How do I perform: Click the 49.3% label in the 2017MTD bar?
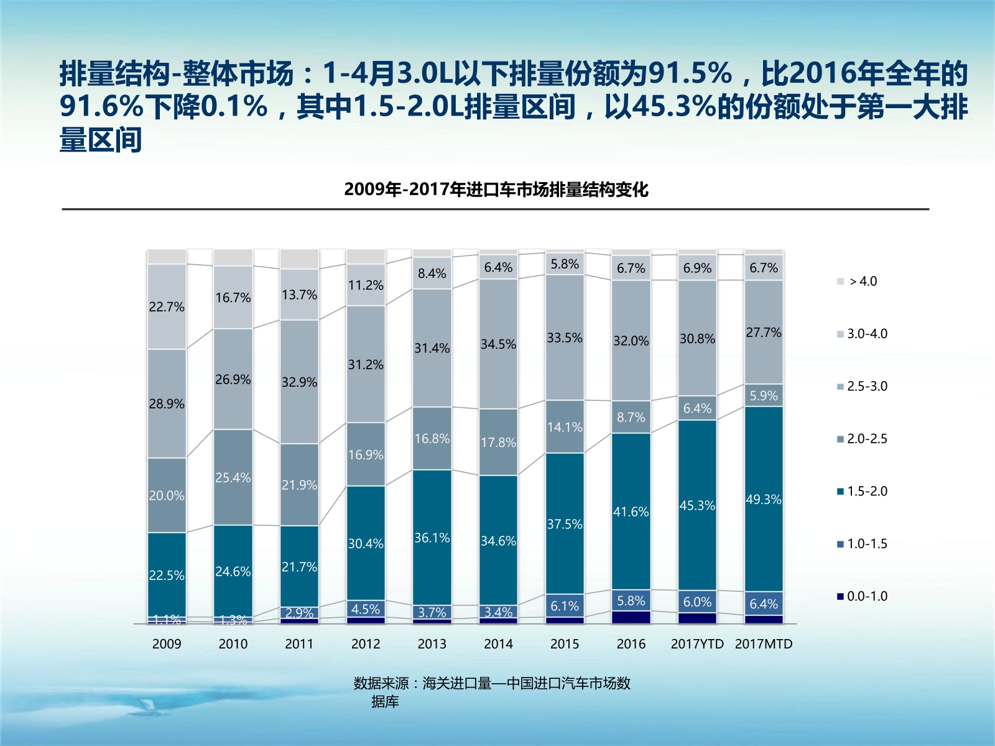click(x=763, y=499)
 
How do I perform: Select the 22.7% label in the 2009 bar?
click(x=167, y=306)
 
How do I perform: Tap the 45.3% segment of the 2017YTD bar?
click(x=697, y=505)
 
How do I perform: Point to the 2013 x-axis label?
click(x=432, y=644)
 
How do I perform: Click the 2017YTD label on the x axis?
click(x=697, y=644)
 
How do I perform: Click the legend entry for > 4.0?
click(x=863, y=281)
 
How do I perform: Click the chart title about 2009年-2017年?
click(x=496, y=190)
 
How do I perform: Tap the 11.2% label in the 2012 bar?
click(x=366, y=285)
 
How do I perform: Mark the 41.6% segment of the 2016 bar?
click(x=631, y=512)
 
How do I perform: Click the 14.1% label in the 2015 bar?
click(x=565, y=427)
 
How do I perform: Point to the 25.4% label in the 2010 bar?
click(x=233, y=477)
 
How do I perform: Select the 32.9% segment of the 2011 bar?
click(x=299, y=382)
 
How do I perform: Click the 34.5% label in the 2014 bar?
click(x=498, y=344)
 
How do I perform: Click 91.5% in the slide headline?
click(x=690, y=73)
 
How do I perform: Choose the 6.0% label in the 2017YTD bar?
click(x=697, y=602)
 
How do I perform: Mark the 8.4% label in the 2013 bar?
click(x=432, y=273)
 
